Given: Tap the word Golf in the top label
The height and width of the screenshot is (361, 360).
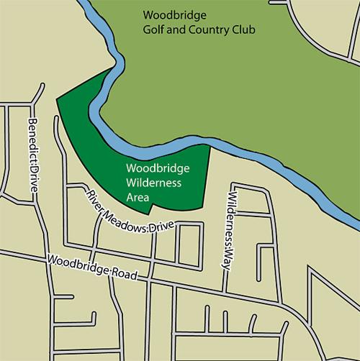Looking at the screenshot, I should pos(153,31).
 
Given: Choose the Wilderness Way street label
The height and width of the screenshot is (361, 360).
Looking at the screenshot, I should pos(230,224).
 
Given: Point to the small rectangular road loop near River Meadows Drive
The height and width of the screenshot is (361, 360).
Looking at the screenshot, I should pos(190,247).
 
